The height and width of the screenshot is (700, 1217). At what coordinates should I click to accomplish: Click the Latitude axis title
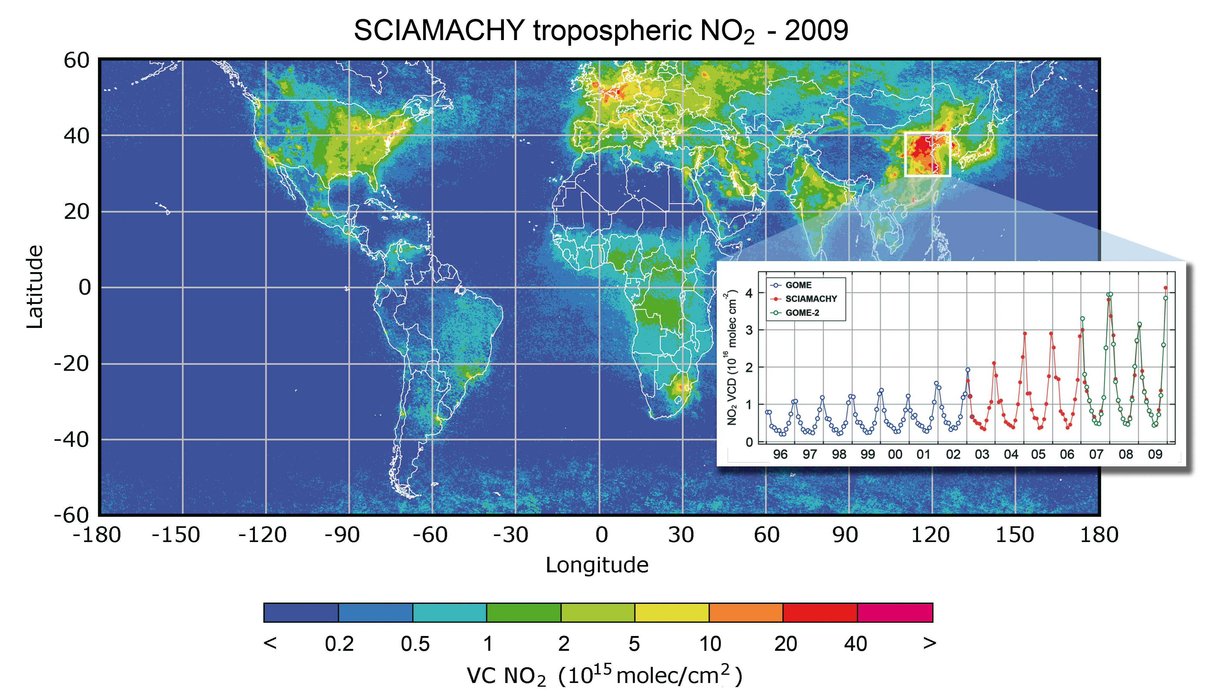pyautogui.click(x=35, y=287)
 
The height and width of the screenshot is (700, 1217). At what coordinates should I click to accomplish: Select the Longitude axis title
pyautogui.click(x=597, y=565)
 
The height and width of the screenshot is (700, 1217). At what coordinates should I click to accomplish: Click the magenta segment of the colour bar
pyautogui.click(x=895, y=612)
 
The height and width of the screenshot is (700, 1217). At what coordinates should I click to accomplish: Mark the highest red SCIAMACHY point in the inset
pyautogui.click(x=1166, y=288)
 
